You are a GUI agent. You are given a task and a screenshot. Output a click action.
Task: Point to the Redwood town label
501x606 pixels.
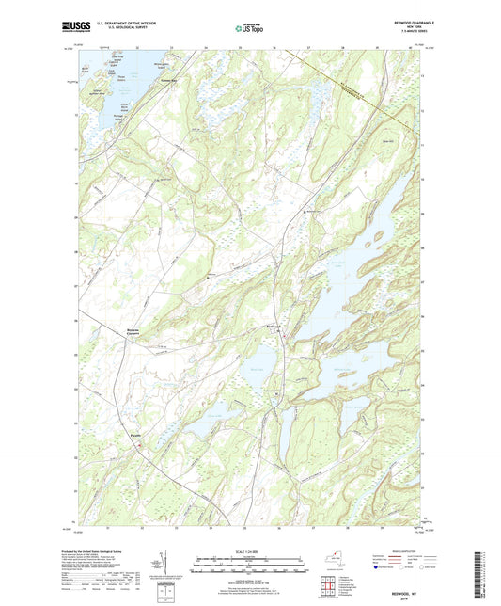273,327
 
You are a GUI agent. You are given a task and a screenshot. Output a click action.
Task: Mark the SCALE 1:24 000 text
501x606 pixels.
247,550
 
